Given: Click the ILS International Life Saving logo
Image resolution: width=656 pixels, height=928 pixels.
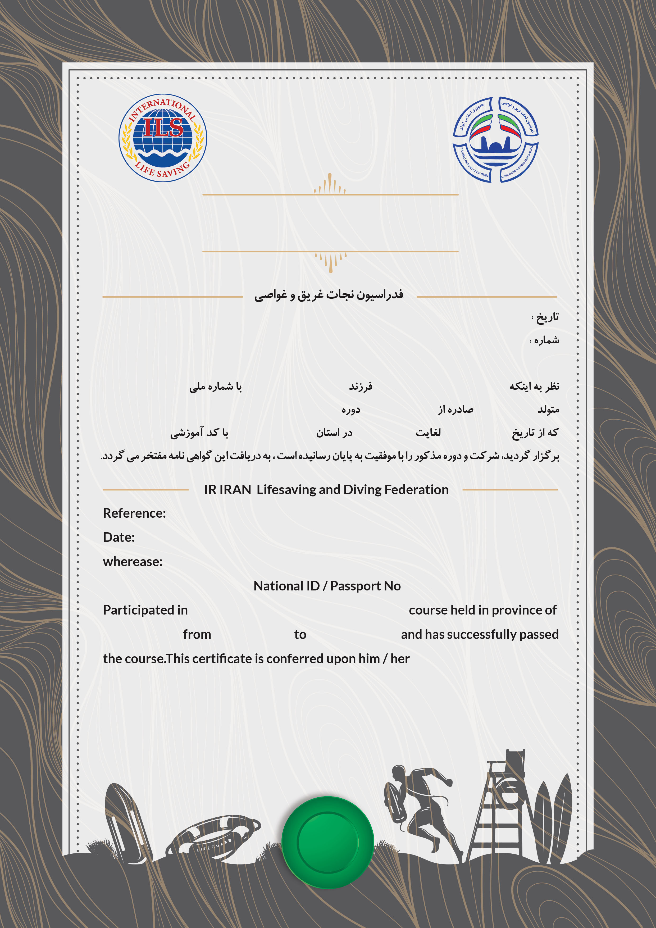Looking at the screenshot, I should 162,138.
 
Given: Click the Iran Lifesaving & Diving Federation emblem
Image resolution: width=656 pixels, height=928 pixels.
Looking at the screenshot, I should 495,139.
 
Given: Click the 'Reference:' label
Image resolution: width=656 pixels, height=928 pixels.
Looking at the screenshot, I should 134,513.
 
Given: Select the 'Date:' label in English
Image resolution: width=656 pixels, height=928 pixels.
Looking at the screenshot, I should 119,537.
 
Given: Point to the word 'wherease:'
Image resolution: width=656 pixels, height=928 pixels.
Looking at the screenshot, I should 133,561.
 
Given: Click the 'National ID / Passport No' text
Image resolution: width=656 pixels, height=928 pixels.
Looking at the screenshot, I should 327,586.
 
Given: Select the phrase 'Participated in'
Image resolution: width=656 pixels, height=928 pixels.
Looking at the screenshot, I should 145,610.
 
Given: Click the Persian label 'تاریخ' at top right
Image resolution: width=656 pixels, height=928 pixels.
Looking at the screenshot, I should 547,317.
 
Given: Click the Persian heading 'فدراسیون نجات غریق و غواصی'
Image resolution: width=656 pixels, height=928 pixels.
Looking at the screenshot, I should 329,295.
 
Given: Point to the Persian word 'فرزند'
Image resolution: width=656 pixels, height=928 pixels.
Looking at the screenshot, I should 361,386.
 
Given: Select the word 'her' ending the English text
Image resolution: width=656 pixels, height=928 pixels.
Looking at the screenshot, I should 400,659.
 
